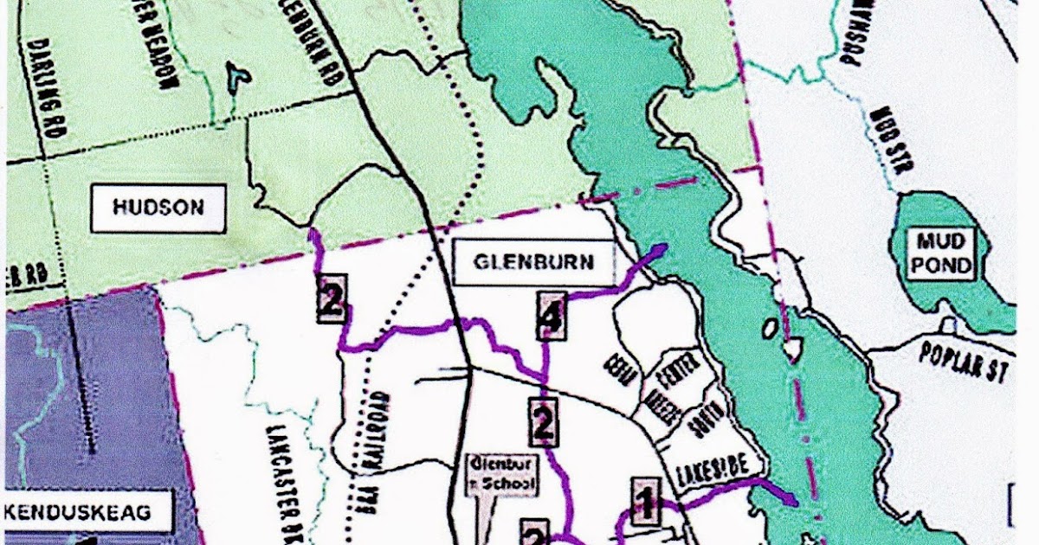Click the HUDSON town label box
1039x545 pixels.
pos(158,208)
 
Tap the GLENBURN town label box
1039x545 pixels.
pos(533,262)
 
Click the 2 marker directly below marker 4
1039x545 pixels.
pos(543,423)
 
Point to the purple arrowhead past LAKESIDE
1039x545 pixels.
pos(791,499)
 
